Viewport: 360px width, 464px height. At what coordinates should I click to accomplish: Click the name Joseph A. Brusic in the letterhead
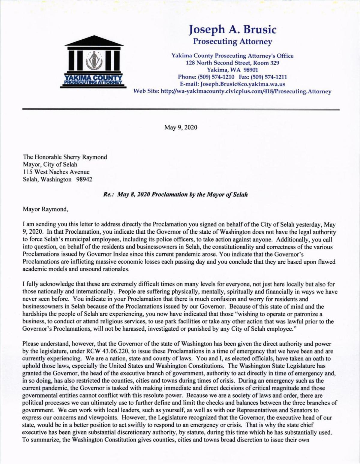point(232,29)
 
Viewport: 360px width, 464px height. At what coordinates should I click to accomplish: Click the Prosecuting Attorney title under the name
point(232,41)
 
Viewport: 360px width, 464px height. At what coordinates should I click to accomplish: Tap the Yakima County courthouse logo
point(93,62)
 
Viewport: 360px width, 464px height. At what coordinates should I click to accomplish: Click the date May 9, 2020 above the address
point(181,127)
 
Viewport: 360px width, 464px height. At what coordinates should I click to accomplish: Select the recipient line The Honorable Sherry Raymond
point(65,157)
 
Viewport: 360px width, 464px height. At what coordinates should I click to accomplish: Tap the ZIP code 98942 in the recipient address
point(84,180)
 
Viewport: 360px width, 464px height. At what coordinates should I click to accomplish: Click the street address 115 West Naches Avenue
point(56,172)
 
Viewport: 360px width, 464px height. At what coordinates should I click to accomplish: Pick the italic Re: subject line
point(175,195)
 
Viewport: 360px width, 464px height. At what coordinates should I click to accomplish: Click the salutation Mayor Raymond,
point(45,209)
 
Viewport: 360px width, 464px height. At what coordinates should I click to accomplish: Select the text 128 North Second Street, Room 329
point(232,63)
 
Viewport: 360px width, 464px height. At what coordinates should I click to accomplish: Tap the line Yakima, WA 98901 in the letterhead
point(232,70)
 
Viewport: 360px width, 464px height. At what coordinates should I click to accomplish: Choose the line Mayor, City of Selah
point(50,165)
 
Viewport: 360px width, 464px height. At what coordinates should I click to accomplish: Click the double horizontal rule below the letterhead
point(181,109)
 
